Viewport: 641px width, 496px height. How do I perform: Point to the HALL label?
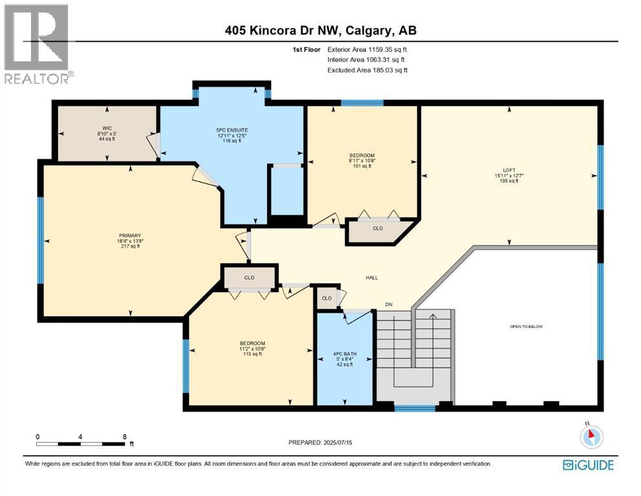tap(371, 278)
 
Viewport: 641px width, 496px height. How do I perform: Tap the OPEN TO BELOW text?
tap(526, 327)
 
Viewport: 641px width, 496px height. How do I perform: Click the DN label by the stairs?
tap(389, 304)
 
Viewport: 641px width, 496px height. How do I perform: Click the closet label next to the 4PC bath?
tap(327, 298)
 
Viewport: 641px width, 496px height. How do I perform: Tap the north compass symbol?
tap(591, 436)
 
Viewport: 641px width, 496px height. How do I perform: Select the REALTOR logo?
tap(37, 43)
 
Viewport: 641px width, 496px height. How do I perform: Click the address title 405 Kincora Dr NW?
tap(320, 31)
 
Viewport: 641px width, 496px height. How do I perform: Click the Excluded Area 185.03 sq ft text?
tap(367, 70)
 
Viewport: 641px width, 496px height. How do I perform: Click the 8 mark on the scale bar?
tap(124, 437)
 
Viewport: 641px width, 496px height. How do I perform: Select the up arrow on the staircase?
tap(432, 316)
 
